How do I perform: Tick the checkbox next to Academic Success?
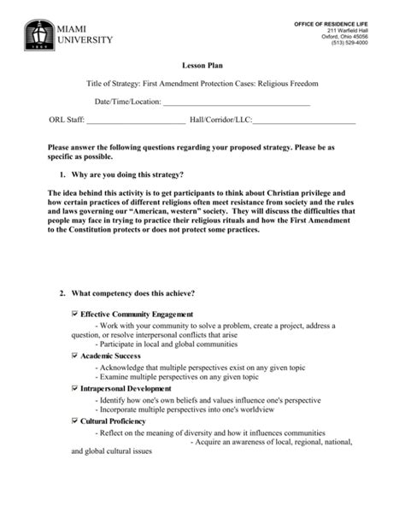74,354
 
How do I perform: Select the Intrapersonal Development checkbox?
74,387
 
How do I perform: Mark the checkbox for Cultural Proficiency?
74,421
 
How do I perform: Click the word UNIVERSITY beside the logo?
85,39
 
